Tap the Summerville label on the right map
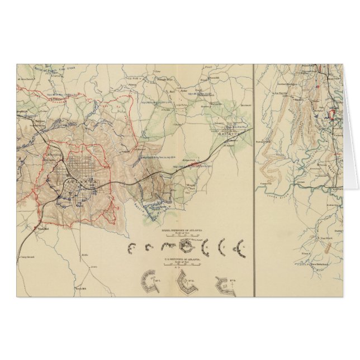268,182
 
